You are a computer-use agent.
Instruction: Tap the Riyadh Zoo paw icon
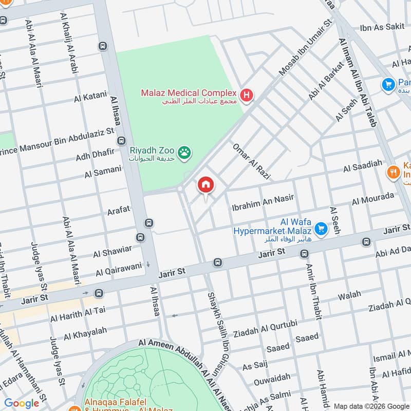pos(184,152)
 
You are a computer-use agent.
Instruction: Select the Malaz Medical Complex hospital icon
pos(247,95)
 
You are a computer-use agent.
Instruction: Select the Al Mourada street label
pos(373,199)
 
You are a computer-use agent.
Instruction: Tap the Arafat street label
pos(118,210)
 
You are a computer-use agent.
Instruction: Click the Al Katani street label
pos(90,96)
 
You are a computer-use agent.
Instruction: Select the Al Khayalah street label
pos(85,334)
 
